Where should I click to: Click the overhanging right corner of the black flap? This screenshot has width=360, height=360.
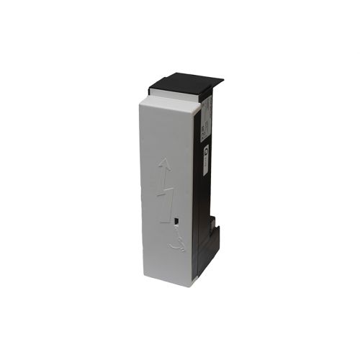[x=222, y=81]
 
